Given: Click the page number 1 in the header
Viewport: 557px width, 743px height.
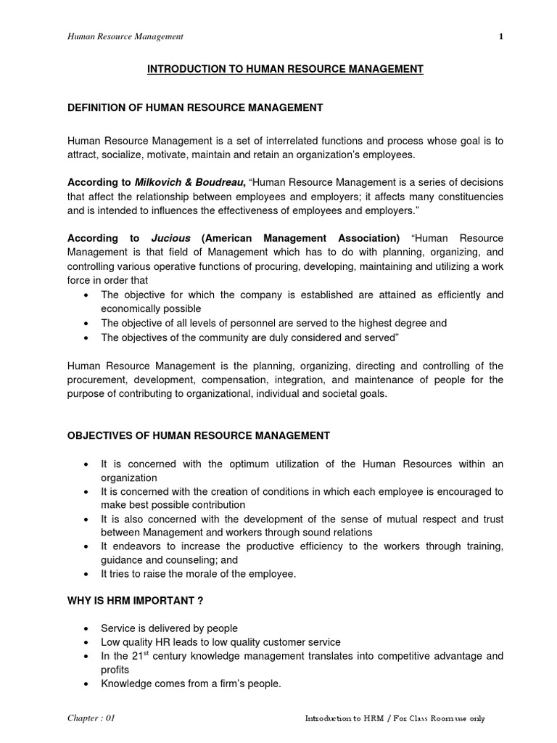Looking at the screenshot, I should tap(500, 36).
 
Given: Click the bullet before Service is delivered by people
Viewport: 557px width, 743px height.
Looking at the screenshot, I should tap(87, 628).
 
